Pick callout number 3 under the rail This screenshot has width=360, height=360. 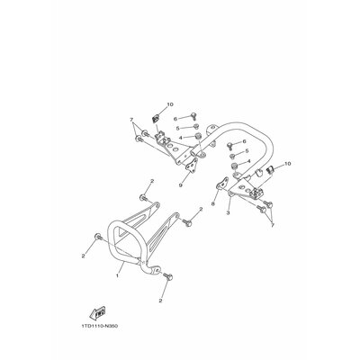click(229, 212)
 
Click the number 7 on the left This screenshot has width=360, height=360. click(130, 120)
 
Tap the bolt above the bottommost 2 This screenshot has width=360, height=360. click(164, 275)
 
